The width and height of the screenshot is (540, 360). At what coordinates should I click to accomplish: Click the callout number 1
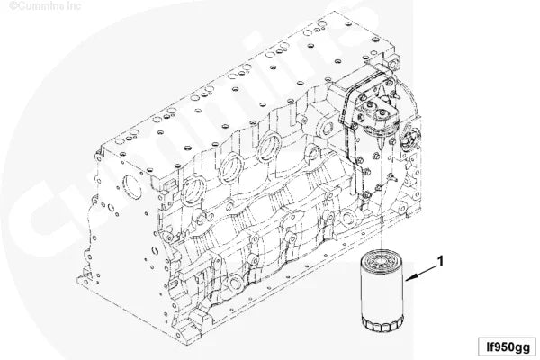[440, 261]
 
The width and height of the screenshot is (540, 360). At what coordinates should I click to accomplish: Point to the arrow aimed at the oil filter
[421, 273]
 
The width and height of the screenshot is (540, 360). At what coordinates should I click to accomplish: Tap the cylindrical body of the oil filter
[382, 292]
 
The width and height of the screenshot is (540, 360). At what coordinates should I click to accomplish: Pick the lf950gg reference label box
[507, 346]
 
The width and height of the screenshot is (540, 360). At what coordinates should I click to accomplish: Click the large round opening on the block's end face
[132, 188]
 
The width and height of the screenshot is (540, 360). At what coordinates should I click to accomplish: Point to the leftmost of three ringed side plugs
[193, 192]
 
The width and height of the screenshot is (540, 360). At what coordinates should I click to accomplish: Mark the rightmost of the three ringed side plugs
[270, 147]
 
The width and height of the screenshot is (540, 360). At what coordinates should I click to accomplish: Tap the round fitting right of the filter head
[409, 137]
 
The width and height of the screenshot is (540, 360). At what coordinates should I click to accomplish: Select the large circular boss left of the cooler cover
[326, 129]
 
